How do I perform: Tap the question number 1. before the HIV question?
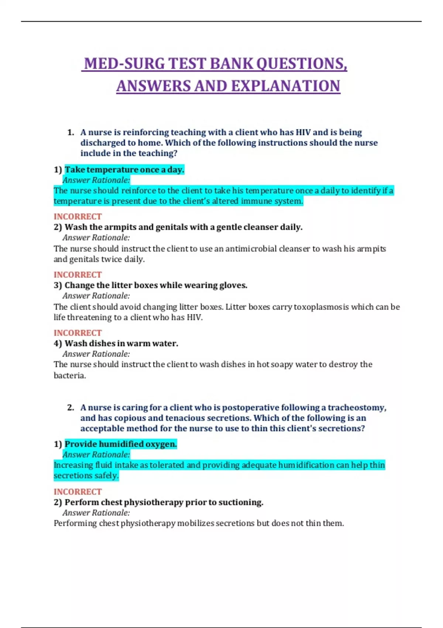point(71,132)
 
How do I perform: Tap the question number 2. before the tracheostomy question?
point(71,407)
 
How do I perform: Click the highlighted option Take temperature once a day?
point(124,170)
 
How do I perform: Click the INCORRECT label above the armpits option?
point(78,216)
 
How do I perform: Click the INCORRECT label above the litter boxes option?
point(78,274)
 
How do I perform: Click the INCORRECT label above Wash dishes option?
point(78,332)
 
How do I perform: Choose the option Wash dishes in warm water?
point(121,343)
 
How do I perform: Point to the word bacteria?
point(69,375)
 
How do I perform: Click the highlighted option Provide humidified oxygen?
point(121,444)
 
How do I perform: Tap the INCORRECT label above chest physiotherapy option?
point(78,492)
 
